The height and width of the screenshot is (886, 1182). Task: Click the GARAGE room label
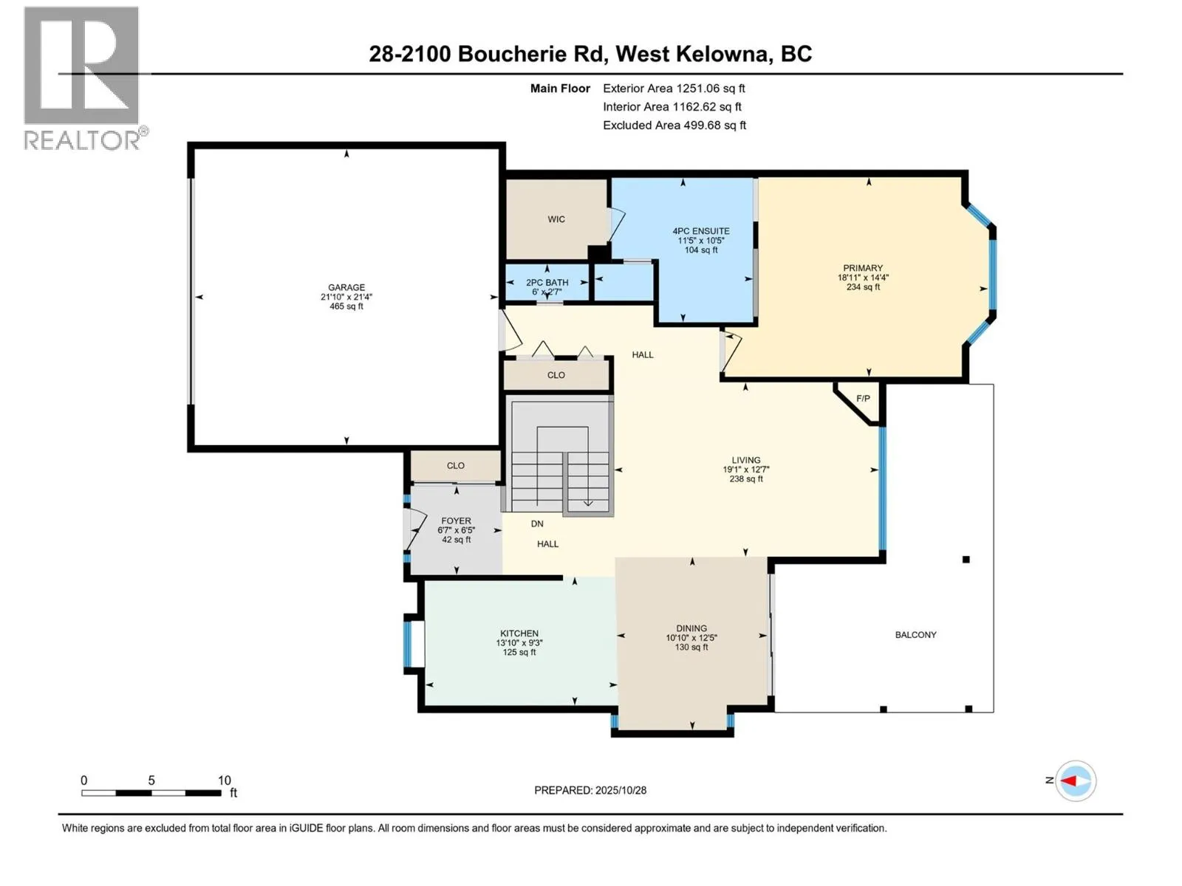(x=346, y=288)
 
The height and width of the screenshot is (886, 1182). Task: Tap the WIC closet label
(x=556, y=219)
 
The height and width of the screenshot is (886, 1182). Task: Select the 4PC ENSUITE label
(x=701, y=231)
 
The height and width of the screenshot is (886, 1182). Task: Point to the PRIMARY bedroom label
(x=863, y=268)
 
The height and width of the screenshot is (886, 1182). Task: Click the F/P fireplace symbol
(x=862, y=399)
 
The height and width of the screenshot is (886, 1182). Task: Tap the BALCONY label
(x=915, y=635)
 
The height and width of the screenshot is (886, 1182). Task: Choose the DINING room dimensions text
(x=691, y=638)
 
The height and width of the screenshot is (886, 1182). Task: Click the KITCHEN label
(x=519, y=633)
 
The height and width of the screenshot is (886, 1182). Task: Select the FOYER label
(x=456, y=521)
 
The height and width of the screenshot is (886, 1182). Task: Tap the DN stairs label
(x=537, y=523)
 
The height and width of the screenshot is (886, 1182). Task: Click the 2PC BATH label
(x=547, y=282)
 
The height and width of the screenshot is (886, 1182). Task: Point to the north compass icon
(x=1075, y=780)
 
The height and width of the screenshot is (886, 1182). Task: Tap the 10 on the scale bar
(x=224, y=780)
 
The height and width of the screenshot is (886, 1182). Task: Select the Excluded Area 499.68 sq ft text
(x=674, y=126)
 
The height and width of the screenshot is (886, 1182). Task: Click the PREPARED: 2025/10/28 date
(x=590, y=790)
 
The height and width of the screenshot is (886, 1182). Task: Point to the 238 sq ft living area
(x=746, y=479)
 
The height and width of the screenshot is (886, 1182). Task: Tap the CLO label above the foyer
(x=456, y=466)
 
